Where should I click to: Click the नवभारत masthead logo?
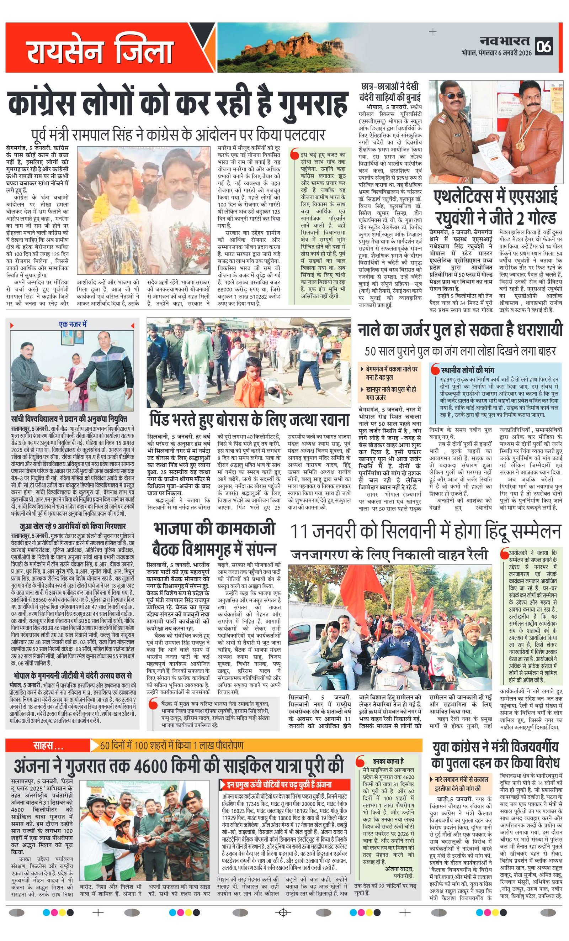[x=505, y=41]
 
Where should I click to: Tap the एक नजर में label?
[x=73, y=324]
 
